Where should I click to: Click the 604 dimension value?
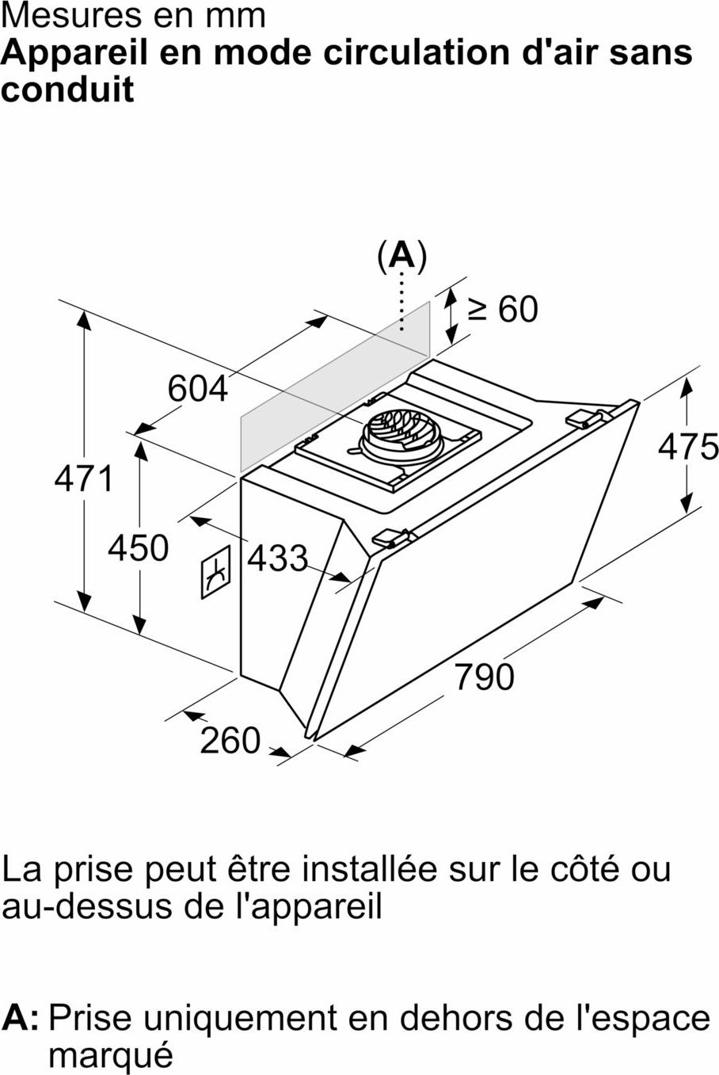point(198,389)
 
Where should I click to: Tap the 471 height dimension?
point(84,478)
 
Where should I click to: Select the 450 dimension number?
point(138,547)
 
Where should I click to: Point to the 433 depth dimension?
point(277,558)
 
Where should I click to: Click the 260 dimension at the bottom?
point(230,741)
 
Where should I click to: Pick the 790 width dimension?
point(485,677)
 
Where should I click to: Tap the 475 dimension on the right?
point(688,447)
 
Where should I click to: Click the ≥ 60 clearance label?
point(503,309)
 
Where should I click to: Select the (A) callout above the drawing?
point(402,257)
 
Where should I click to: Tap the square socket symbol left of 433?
point(216,572)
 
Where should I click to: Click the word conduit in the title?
point(67,90)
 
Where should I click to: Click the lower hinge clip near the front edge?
point(391,538)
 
